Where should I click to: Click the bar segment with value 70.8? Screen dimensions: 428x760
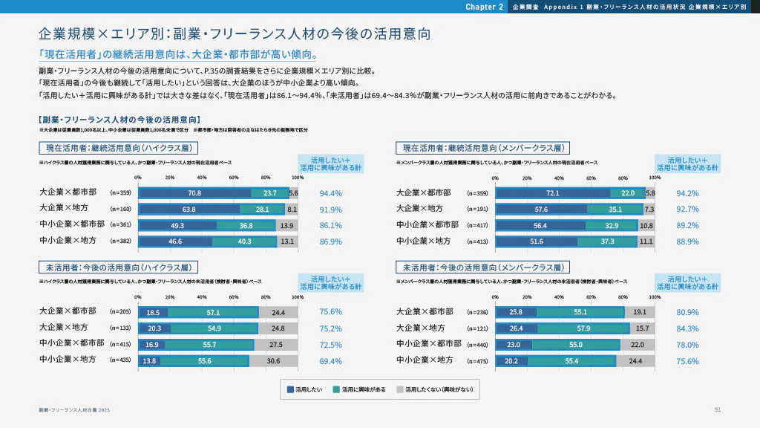195,193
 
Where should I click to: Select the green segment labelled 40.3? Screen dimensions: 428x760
245,241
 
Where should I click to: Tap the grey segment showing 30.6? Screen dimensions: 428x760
272,361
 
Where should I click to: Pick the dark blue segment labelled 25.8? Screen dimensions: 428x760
517,312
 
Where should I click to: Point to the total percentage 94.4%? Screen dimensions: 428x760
330,193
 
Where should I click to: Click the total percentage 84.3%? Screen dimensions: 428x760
687,328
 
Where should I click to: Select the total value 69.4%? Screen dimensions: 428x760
330,361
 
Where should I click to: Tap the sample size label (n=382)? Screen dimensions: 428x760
120,241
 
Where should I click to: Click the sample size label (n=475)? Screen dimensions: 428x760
478,361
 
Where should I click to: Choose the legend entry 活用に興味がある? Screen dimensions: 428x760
359,389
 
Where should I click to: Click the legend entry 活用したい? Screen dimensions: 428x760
304,389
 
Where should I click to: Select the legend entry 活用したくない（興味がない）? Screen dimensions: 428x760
433,389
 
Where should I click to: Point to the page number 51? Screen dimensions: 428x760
718,409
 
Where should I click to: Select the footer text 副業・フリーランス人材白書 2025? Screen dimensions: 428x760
74,409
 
